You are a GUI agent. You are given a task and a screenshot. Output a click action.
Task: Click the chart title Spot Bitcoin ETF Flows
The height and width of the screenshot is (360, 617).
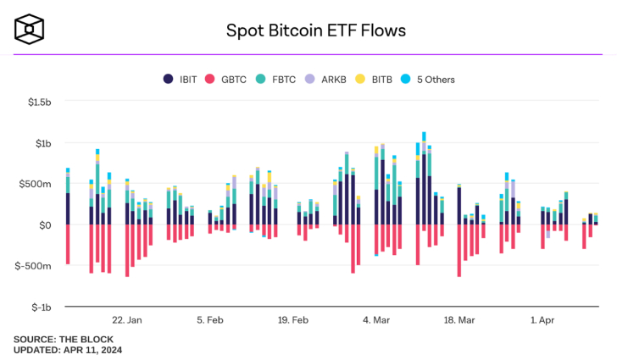click(x=315, y=30)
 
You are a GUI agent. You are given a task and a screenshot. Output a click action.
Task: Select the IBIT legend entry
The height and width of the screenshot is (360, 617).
click(x=181, y=80)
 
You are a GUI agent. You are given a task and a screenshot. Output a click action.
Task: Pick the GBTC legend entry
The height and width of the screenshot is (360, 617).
click(x=227, y=80)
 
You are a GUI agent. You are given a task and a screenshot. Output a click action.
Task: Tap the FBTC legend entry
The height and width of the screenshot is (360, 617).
click(x=276, y=80)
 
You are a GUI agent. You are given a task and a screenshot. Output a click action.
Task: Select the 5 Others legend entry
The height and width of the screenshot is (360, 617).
click(x=427, y=80)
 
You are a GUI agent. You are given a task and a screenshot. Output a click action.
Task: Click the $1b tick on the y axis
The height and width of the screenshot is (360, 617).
click(x=44, y=143)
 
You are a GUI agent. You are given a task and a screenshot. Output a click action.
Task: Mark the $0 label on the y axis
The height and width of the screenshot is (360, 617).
click(x=47, y=225)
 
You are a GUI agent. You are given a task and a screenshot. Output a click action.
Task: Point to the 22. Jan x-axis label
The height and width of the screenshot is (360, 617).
click(x=127, y=320)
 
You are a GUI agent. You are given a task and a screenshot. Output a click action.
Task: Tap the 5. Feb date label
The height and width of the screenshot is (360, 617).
click(x=210, y=320)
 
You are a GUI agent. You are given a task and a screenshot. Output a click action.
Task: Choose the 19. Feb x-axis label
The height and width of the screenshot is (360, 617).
click(x=292, y=320)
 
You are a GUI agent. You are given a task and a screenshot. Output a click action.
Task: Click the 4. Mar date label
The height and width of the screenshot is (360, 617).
click(x=375, y=320)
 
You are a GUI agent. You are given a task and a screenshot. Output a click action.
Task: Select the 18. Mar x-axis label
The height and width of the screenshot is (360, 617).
click(x=459, y=320)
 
